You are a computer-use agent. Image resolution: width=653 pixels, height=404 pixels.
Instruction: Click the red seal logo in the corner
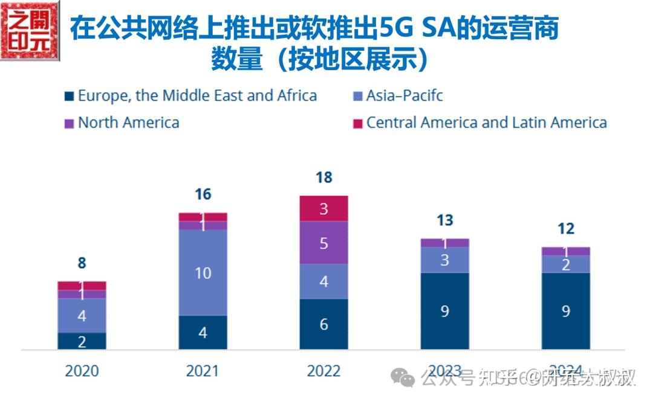coord(30,30)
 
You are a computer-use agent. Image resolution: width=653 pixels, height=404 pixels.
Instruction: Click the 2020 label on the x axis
coord(82,370)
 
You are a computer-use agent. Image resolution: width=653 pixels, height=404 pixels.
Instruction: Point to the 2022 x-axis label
coord(323,370)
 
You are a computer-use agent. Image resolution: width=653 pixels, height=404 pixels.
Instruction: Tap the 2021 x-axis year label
coord(203,370)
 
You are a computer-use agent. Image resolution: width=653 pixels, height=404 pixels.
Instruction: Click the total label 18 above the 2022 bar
coord(324,178)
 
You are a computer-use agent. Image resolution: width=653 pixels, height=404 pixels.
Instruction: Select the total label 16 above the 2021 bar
coord(203,194)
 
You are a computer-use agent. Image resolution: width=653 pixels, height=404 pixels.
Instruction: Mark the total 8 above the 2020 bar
coord(82,263)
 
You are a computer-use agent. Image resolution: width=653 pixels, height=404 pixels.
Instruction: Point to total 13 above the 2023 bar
coord(444,220)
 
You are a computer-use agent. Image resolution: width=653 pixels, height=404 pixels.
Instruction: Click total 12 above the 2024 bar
coord(565,229)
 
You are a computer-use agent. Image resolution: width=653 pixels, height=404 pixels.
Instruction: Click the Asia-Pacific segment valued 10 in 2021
coord(203,273)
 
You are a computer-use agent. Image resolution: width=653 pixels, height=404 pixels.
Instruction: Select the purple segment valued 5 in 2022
coord(323,243)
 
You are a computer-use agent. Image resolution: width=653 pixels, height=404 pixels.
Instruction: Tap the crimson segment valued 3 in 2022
coord(323,209)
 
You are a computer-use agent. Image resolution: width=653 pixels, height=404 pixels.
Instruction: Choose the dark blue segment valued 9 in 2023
coord(444,311)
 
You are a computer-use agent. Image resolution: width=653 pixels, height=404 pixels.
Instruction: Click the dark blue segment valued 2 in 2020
coord(82,341)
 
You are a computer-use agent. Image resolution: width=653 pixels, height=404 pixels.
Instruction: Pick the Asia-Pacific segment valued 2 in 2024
coord(565,265)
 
